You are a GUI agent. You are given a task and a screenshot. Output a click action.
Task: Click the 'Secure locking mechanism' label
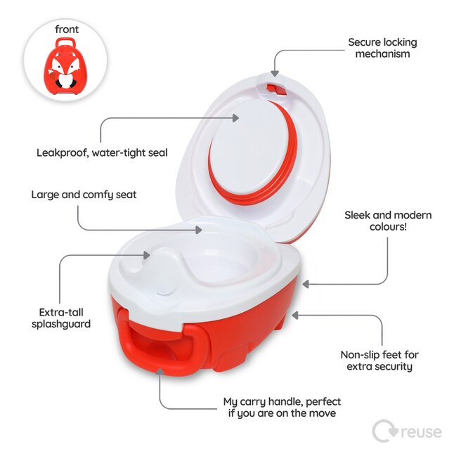pyautogui.click(x=379, y=48)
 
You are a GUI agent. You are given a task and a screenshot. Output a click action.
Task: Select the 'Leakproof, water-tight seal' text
pyautogui.click(x=102, y=152)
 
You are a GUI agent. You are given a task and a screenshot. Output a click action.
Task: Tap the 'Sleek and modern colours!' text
pyautogui.click(x=388, y=221)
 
